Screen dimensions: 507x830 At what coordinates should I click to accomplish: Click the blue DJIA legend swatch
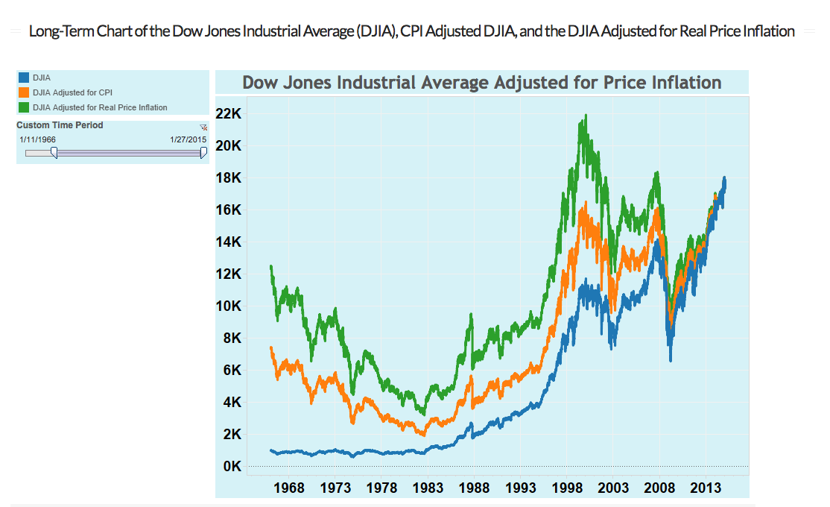pyautogui.click(x=23, y=78)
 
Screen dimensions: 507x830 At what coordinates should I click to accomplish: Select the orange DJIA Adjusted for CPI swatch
pyautogui.click(x=23, y=92)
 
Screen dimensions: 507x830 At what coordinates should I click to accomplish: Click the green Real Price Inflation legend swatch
pyautogui.click(x=23, y=107)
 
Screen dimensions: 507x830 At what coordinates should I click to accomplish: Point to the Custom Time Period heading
pyautogui.click(x=60, y=125)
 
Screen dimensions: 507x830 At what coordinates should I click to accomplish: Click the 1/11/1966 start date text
pyautogui.click(x=38, y=139)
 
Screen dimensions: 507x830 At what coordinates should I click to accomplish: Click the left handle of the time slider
pyautogui.click(x=54, y=153)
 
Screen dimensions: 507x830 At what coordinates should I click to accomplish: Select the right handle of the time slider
pyautogui.click(x=204, y=153)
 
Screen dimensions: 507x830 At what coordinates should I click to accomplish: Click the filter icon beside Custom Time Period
pyautogui.click(x=203, y=127)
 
